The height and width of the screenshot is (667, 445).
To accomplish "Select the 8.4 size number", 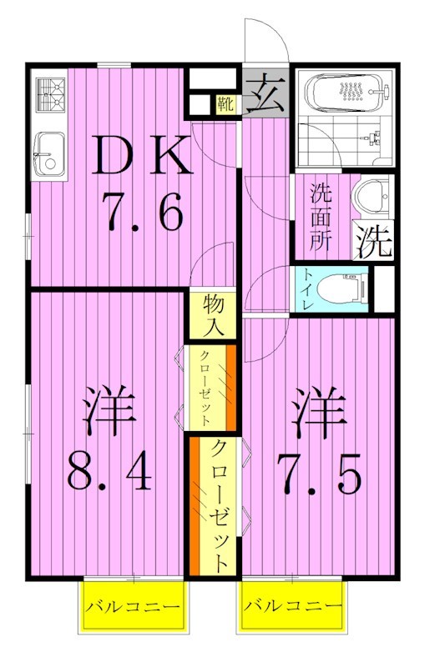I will pyautogui.click(x=109, y=472).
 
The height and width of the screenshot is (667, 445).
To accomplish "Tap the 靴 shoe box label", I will pyautogui.click(x=225, y=104).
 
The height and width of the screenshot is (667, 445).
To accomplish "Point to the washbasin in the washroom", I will pyautogui.click(x=370, y=198).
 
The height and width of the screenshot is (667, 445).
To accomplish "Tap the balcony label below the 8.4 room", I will pyautogui.click(x=134, y=605).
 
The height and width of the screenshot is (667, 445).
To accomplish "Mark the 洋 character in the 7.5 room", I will pyautogui.click(x=318, y=414).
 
